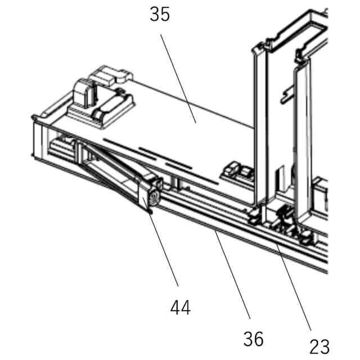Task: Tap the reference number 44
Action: click(181, 307)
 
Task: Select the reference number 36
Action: click(253, 339)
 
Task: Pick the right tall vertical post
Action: click(302, 141)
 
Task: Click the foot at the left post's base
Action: click(256, 214)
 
